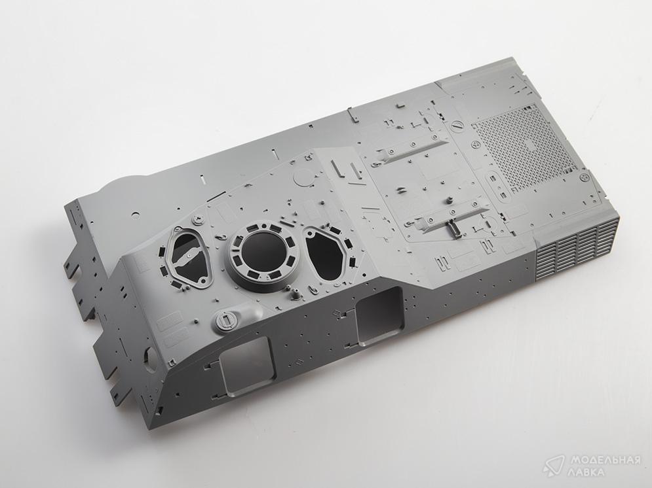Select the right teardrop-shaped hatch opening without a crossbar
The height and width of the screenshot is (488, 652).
pos(325,257)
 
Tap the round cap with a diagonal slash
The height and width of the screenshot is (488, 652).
pos(457,126)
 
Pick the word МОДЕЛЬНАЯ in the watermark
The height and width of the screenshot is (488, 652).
pos(605,460)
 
